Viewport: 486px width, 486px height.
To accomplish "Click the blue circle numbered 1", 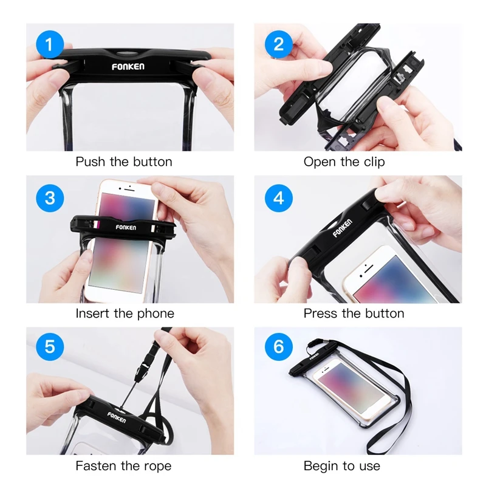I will [x=50, y=44].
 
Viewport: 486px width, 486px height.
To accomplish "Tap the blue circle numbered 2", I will [x=279, y=44].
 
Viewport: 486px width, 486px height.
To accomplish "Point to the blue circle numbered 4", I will [x=279, y=197].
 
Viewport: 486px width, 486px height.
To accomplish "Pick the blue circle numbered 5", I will [x=50, y=347].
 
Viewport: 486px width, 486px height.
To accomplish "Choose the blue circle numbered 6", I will [x=279, y=347].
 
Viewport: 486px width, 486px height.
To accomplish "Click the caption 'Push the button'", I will [x=124, y=162].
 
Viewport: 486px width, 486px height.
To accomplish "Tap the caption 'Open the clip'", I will [x=344, y=162].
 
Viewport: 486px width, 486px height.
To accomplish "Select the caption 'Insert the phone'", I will [x=125, y=313].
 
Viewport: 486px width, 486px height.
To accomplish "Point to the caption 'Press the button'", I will [x=354, y=313].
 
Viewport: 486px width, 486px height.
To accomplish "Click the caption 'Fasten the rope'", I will [x=124, y=466].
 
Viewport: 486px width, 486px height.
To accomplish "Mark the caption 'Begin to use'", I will [x=341, y=466].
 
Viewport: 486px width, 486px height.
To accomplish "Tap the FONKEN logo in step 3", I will [x=126, y=227].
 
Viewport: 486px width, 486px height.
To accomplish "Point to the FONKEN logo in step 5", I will [x=117, y=416].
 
